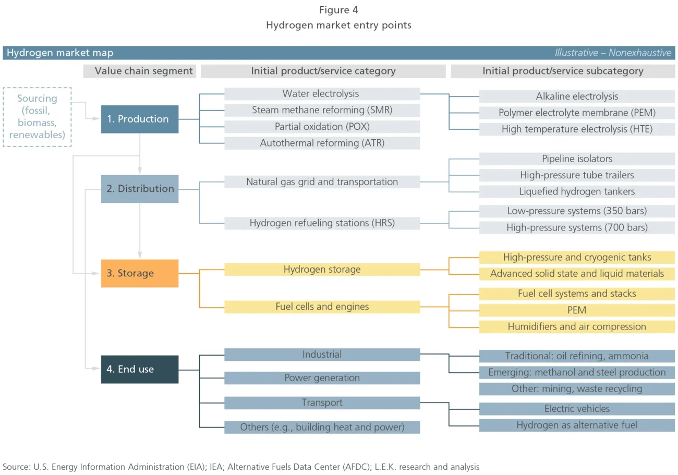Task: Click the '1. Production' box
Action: tap(139, 119)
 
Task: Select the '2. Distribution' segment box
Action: tap(139, 189)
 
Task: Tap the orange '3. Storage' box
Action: tap(139, 273)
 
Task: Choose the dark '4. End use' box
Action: tap(139, 369)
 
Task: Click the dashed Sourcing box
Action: tap(37, 117)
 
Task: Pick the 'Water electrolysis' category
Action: tap(322, 94)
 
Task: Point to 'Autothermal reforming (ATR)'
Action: tap(322, 143)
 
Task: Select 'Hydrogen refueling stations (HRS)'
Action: tap(322, 223)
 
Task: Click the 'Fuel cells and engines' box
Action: tap(322, 307)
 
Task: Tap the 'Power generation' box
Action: tap(322, 377)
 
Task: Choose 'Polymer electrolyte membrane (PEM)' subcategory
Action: tap(577, 113)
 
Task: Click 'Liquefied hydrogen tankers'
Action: tap(577, 191)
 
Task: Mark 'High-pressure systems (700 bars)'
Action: tap(577, 227)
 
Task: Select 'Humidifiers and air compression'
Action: tap(577, 327)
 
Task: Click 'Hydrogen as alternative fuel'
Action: tap(577, 425)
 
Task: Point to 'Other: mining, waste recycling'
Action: tap(577, 389)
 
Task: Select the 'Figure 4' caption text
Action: tap(338, 10)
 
